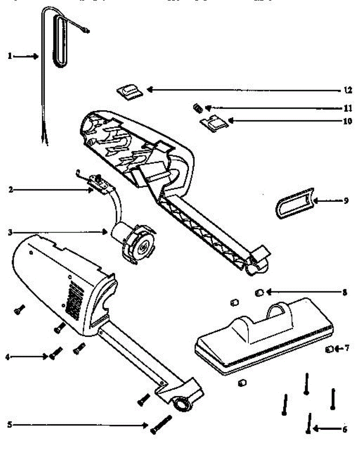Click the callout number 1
pyautogui.click(x=10, y=56)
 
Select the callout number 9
pyautogui.click(x=346, y=201)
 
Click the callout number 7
pyautogui.click(x=347, y=348)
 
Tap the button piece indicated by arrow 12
pyautogui.click(x=129, y=91)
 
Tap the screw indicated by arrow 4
pyautogui.click(x=55, y=352)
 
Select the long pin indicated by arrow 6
pyautogui.click(x=309, y=423)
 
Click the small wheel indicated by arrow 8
pyautogui.click(x=259, y=293)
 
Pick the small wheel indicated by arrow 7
pyautogui.click(x=329, y=349)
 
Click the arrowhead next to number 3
pyautogui.click(x=106, y=232)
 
